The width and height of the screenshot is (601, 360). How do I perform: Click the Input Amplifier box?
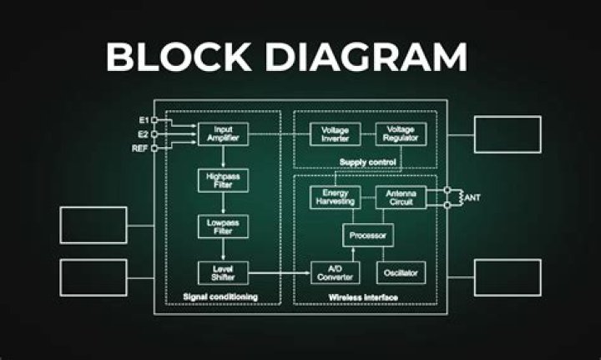(x=223, y=134)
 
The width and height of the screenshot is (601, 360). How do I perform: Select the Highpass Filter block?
(x=223, y=180)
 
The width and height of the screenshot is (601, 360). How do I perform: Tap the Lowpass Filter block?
(x=223, y=226)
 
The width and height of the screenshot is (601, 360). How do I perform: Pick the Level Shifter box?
(x=223, y=273)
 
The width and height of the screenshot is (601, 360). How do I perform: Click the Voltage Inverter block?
(x=335, y=134)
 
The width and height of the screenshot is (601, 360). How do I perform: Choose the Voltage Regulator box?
(x=401, y=134)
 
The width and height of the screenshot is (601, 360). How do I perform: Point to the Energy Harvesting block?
(x=335, y=197)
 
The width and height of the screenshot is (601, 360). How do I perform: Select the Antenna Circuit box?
(x=401, y=197)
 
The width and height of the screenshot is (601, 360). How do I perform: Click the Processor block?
(x=368, y=236)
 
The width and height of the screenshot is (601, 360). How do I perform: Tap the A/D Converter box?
(x=335, y=273)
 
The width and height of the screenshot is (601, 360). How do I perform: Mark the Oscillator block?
(x=401, y=273)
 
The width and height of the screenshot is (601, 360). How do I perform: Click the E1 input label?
(x=144, y=120)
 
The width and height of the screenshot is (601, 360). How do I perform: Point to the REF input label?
(x=139, y=149)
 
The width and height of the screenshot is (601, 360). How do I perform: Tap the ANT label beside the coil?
(x=472, y=198)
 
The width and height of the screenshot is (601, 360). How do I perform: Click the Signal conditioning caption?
(x=220, y=297)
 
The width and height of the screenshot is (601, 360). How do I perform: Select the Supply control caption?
(x=367, y=162)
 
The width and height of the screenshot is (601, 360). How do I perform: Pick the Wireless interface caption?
(x=363, y=297)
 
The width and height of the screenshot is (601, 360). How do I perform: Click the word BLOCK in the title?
(x=179, y=57)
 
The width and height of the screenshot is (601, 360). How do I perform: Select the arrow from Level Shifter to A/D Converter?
(x=279, y=273)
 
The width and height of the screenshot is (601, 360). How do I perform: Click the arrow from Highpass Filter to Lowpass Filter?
(x=223, y=204)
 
